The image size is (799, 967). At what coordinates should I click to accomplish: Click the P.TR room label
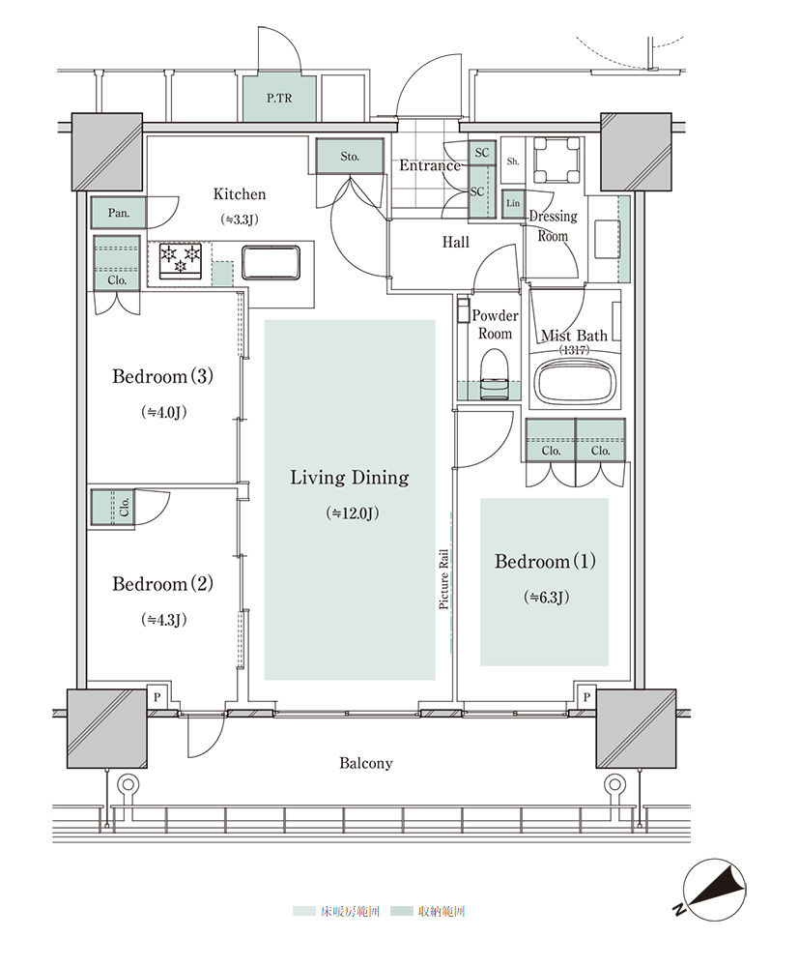coord(279,98)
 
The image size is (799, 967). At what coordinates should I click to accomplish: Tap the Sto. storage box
coord(350,156)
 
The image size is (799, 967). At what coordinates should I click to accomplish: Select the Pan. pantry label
coord(118,214)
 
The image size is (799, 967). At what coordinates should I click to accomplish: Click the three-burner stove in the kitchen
coord(181,261)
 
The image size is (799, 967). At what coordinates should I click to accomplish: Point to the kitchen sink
coord(271,263)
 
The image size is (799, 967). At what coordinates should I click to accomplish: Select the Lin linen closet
coord(513,203)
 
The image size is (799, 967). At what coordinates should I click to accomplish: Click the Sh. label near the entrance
coord(513,161)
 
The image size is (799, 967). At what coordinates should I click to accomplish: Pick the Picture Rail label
coord(443,579)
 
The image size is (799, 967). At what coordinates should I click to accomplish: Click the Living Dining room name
coord(350,478)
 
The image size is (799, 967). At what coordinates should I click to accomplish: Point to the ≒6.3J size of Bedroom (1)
coord(547,597)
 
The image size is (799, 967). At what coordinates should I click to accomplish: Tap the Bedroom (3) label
coord(162,375)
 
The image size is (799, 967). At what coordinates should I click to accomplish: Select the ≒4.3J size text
coord(164,619)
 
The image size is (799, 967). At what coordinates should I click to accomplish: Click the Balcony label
coord(366,764)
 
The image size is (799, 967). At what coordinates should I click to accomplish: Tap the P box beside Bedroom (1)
coord(586,697)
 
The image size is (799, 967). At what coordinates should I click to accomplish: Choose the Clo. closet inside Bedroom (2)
coord(113,508)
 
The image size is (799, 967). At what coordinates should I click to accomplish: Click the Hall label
coord(456,243)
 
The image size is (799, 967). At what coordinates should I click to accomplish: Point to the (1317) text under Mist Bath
coord(574,350)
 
